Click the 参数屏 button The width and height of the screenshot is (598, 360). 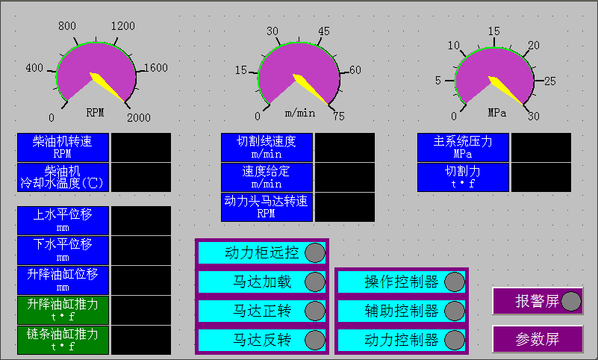(x=538, y=338)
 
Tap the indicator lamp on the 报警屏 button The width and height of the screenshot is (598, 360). (x=570, y=301)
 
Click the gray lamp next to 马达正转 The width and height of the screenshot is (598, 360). (x=315, y=311)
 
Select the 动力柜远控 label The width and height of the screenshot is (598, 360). (x=262, y=252)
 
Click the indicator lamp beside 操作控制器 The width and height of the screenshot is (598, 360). (x=454, y=282)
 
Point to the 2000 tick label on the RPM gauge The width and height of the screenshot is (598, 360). (x=138, y=117)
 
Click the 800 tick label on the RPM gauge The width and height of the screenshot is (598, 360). (x=67, y=26)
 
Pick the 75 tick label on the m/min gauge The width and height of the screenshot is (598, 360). (x=338, y=117)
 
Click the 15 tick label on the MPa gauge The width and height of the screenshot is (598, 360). (x=493, y=31)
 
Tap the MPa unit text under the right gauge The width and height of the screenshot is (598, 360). (x=497, y=114)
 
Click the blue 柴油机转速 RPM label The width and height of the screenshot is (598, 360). (x=63, y=147)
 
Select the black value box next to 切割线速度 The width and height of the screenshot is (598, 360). (x=344, y=147)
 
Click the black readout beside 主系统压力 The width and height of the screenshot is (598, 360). (x=541, y=147)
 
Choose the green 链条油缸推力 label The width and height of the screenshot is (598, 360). (x=63, y=340)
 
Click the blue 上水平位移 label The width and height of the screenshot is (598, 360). (x=63, y=220)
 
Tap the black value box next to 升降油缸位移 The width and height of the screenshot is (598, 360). (x=141, y=280)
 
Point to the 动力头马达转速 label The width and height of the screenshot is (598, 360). (x=267, y=207)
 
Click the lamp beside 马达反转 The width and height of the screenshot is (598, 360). (x=315, y=340)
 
